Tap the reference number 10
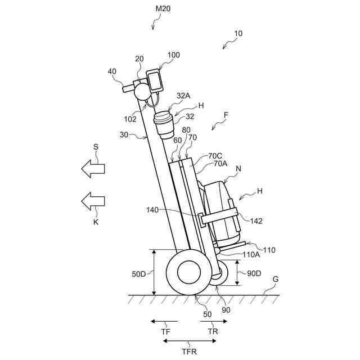(x=238, y=33)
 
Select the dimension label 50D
(x=139, y=273)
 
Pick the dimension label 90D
(x=254, y=273)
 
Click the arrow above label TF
(x=164, y=322)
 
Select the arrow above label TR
(x=214, y=322)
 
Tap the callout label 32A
(x=183, y=96)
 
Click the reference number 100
(x=174, y=55)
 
